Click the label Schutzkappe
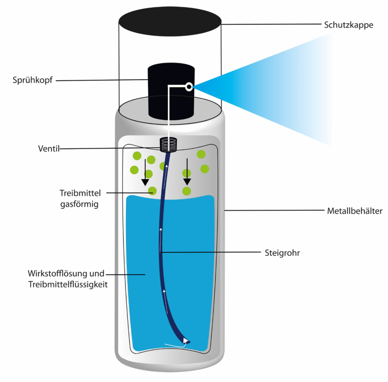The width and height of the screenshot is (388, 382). point(349,25)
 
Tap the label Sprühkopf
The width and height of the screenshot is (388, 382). point(32,80)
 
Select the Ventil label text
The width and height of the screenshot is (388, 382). point(49,149)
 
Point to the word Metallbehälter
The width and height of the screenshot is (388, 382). point(355,211)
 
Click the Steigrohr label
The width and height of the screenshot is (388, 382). point(282,253)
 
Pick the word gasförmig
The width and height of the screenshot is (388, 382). point(79,204)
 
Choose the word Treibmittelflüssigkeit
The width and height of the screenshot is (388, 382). point(68,285)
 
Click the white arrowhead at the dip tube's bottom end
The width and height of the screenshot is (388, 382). point(185,340)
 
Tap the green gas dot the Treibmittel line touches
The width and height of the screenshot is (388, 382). point(152,191)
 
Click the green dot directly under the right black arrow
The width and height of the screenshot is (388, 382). point(187,191)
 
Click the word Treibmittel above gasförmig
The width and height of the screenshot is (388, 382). point(80,193)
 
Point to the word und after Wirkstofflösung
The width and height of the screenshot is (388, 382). point(97,273)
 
